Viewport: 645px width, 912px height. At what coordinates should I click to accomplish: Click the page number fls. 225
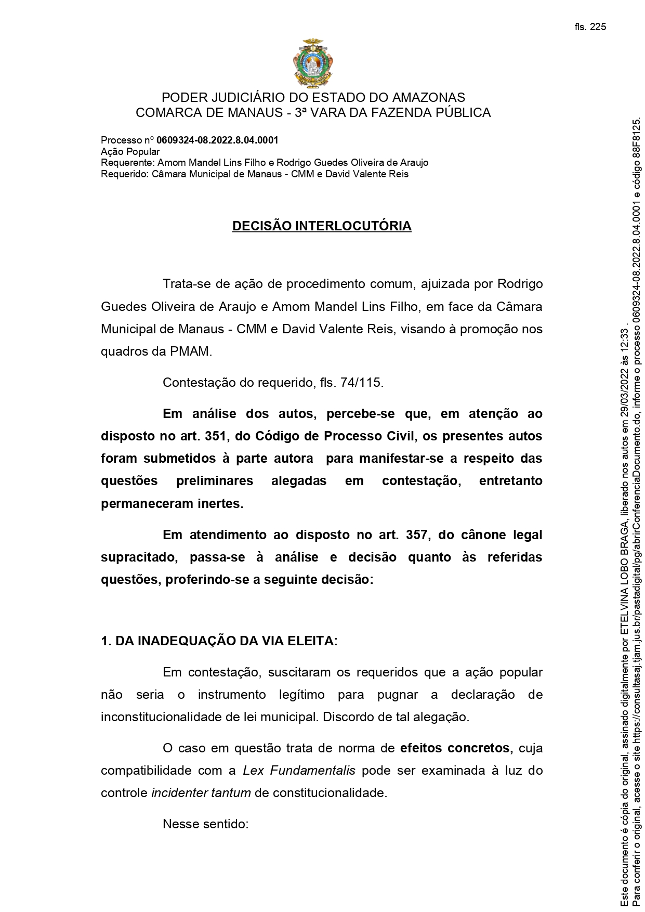tap(590, 27)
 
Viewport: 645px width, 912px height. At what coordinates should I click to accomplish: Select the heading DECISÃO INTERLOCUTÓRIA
tap(322, 226)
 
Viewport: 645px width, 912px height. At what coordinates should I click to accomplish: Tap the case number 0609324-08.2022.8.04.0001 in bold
tap(217, 140)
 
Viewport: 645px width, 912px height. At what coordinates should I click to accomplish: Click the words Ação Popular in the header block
tap(130, 152)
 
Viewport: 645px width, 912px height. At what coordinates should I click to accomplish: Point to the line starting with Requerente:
tap(264, 163)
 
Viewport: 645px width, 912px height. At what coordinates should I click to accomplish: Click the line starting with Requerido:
tap(254, 174)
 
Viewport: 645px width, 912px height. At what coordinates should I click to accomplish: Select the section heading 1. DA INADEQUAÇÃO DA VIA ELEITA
tap(219, 641)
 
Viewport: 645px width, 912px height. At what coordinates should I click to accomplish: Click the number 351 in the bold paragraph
tap(215, 436)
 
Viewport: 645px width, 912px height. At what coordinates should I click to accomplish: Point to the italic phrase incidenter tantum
tap(201, 793)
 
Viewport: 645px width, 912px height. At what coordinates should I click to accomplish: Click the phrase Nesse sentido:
tap(206, 824)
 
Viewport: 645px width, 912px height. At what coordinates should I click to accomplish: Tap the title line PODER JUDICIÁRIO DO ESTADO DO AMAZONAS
tap(313, 97)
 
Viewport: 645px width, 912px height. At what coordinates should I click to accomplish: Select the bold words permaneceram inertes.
tap(172, 504)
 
